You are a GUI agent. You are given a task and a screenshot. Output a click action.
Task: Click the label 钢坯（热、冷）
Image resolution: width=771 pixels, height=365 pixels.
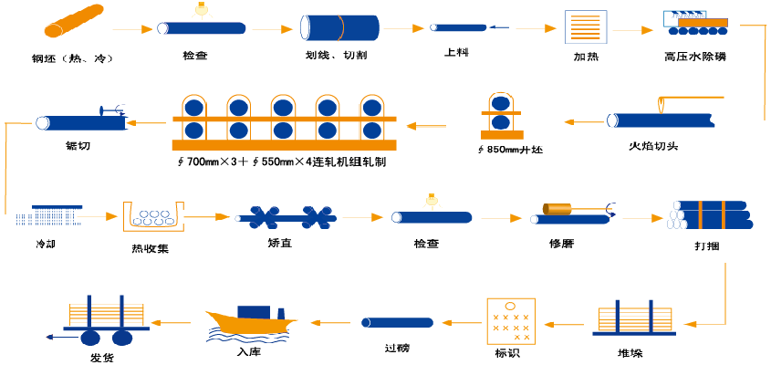71,59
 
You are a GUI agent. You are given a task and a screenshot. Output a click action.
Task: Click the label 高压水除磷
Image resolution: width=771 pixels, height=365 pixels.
696,57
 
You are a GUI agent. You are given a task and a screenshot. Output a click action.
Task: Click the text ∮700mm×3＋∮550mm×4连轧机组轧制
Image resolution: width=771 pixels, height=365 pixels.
282,162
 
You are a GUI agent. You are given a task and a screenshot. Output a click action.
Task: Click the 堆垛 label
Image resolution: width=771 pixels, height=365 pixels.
630,351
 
